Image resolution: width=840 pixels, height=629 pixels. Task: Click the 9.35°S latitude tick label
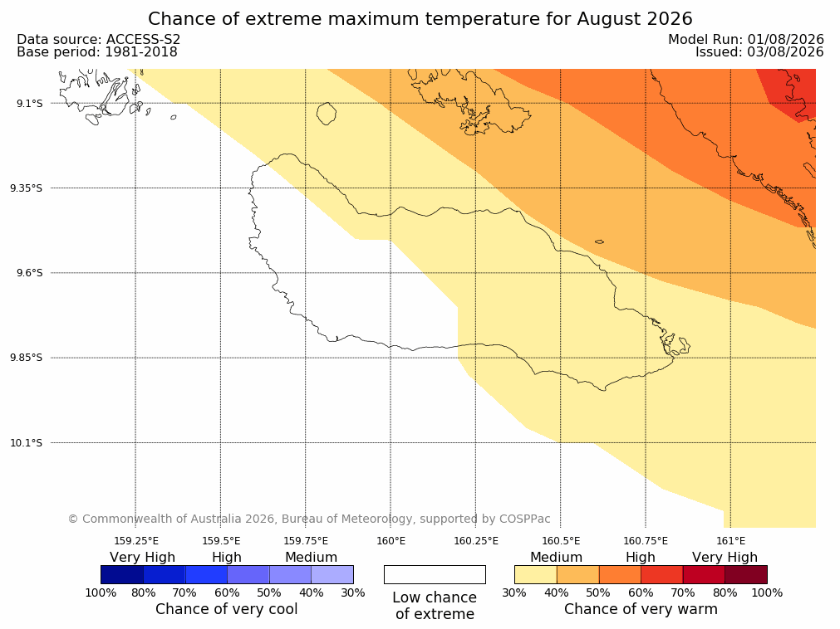27,188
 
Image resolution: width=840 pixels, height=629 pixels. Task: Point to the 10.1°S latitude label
27,443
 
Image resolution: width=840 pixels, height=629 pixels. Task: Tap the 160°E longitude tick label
391,541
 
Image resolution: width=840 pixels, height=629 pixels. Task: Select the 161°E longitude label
730,541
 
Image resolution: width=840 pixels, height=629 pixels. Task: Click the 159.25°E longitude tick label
136,541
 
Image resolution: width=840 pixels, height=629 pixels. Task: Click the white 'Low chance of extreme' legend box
435,574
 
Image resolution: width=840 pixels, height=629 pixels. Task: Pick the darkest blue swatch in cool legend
122,574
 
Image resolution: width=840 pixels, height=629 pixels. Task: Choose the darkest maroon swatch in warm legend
746,574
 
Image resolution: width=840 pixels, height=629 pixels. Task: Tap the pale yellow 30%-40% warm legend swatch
536,574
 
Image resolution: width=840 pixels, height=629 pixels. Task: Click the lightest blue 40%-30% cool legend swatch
332,574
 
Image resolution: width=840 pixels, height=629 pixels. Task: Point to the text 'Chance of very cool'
227,609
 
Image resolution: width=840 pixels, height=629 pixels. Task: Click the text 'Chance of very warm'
641,609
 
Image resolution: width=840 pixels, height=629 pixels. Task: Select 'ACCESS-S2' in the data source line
143,40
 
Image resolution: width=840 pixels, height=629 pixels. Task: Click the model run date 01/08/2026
786,40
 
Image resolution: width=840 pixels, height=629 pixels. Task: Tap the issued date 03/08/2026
786,52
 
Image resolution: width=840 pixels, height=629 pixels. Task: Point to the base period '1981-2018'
141,52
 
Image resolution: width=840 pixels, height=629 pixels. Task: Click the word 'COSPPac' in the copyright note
524,519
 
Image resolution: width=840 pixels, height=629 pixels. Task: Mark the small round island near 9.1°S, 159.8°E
327,114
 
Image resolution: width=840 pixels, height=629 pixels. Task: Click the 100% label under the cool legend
101,592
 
